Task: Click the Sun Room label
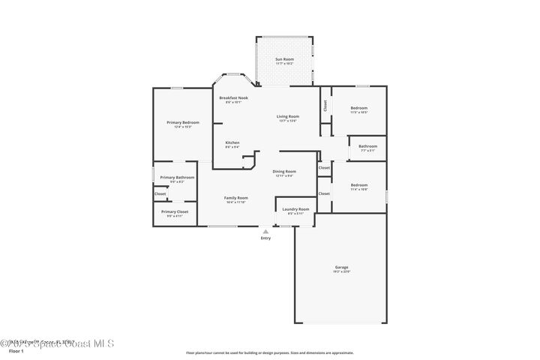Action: (x=284, y=58)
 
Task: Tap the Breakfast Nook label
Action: (x=233, y=98)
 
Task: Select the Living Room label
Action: (x=288, y=116)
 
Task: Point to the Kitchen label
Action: (x=232, y=142)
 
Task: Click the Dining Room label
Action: (x=284, y=171)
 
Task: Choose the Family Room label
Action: (x=235, y=198)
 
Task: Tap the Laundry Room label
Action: (x=295, y=209)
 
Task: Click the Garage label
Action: (x=341, y=267)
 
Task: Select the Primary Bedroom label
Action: (x=183, y=122)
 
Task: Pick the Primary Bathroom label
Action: (x=177, y=177)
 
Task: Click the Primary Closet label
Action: (x=175, y=211)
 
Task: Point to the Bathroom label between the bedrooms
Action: (x=367, y=146)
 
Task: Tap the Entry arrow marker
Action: (x=265, y=232)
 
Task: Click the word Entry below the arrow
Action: (x=265, y=238)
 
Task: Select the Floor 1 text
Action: (x=16, y=351)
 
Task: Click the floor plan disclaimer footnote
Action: (x=269, y=352)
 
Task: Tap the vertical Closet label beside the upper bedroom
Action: (x=325, y=106)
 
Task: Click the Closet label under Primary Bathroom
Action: (x=160, y=194)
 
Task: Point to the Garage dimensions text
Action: (x=341, y=271)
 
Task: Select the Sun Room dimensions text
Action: (x=284, y=64)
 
